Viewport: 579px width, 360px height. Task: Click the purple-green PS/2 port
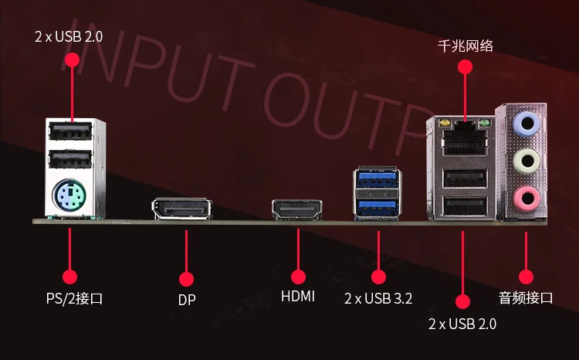[x=69, y=195]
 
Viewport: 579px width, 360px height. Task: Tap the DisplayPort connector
[x=182, y=209]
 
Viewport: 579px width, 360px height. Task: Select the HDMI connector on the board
[x=297, y=210]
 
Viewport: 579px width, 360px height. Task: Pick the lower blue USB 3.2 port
[x=377, y=208]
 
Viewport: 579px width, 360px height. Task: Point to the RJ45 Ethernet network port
[x=465, y=141]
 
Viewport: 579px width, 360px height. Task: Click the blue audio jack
[x=527, y=124]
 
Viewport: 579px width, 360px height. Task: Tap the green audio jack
[x=527, y=161]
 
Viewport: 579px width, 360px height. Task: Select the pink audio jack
[x=527, y=199]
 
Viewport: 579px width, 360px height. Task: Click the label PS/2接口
[x=74, y=298]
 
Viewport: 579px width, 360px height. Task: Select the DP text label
[x=187, y=300]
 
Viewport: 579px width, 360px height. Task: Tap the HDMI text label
[x=298, y=296]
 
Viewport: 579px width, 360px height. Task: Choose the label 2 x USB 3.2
[x=378, y=298]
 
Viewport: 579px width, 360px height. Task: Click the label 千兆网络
[x=466, y=46]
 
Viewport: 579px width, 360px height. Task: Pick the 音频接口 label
[x=526, y=297]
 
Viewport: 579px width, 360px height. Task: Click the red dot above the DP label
[x=187, y=280]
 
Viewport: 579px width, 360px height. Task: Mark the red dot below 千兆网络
[x=465, y=67]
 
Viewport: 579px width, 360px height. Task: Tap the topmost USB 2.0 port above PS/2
[x=70, y=131]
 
